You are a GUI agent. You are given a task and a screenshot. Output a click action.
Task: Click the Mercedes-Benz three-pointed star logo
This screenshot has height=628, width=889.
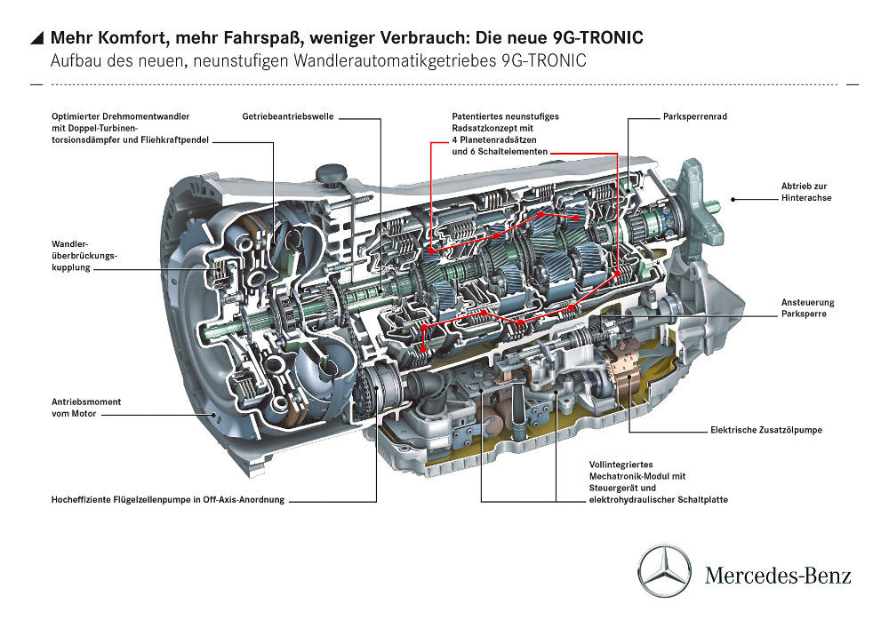664,571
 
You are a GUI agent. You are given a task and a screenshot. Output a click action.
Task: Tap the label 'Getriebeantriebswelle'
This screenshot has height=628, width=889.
288,116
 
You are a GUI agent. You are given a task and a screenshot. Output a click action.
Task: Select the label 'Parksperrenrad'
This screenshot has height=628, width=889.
695,116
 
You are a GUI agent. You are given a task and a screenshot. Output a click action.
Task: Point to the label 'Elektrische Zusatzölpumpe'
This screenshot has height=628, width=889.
766,430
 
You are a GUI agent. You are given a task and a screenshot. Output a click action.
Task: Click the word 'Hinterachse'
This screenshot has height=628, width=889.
806,197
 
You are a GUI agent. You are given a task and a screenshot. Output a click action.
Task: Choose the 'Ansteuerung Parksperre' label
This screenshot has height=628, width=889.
807,308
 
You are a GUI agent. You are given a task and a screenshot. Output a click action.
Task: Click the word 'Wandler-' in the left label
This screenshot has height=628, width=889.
69,244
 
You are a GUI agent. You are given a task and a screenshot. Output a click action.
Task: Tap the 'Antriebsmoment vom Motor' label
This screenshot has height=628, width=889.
86,408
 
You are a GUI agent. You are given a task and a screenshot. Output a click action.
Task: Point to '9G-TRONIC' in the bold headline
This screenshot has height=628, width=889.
598,37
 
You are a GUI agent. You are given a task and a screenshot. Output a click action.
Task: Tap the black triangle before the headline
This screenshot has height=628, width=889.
37,38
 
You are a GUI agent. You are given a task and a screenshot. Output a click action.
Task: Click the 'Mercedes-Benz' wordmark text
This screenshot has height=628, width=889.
778,576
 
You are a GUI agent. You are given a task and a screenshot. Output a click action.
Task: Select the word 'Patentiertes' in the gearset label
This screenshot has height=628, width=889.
477,116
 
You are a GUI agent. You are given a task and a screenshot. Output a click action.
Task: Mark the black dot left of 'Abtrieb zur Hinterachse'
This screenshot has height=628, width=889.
733,199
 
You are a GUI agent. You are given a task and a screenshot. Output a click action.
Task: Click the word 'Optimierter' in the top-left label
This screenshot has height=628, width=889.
75,116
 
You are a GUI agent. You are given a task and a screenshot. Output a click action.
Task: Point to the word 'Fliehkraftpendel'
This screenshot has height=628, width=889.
176,139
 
